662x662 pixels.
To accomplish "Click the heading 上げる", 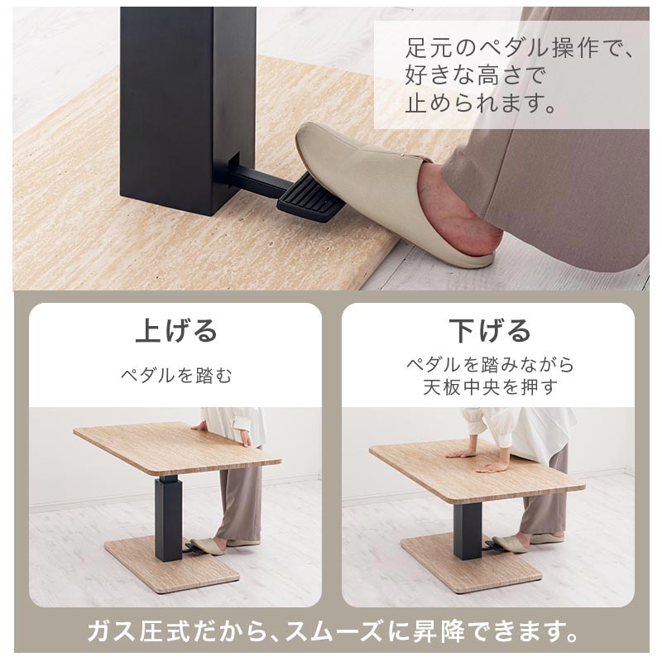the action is tap(176, 330).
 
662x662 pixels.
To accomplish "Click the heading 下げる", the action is tap(489, 330).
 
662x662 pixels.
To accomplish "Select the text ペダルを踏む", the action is tap(176, 375).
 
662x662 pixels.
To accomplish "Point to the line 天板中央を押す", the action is tap(489, 387).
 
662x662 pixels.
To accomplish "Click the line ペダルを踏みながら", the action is tap(489, 364).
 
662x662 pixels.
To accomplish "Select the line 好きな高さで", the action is tap(476, 74).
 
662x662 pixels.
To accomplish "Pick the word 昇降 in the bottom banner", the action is tap(439, 631).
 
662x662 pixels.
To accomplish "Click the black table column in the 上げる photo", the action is tap(169, 519).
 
